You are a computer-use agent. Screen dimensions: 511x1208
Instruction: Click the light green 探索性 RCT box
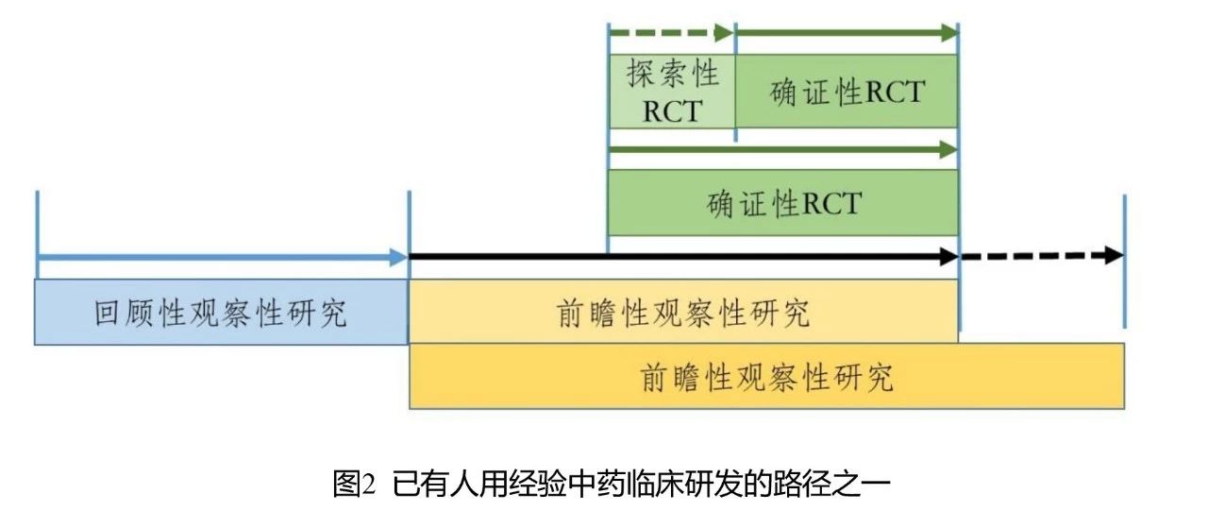(671, 92)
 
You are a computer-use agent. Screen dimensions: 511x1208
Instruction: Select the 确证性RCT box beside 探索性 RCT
(847, 92)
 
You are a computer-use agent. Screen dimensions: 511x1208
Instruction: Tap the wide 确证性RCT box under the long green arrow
(782, 202)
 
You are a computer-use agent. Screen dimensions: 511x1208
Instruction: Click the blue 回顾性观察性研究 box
(222, 312)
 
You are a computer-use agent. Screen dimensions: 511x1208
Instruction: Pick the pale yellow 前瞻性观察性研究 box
(683, 312)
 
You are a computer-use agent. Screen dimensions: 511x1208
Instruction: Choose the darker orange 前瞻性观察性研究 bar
(766, 377)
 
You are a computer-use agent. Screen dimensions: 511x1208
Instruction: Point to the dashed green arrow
(670, 34)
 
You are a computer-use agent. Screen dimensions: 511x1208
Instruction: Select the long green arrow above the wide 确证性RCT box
(782, 149)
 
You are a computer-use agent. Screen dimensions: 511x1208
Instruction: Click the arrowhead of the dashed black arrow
(1114, 256)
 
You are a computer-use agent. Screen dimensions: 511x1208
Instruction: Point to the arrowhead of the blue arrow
(398, 256)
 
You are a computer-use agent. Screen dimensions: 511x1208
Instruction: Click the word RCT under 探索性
(671, 111)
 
